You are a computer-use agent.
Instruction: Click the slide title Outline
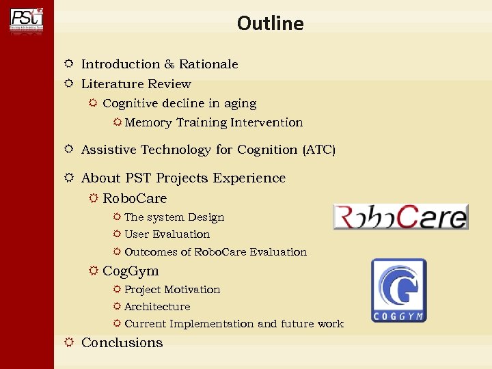coord(270,23)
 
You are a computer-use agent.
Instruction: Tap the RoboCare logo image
coord(400,217)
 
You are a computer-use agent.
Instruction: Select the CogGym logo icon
coord(398,290)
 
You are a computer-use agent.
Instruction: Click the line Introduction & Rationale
coord(159,64)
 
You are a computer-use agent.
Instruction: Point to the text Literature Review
coord(136,84)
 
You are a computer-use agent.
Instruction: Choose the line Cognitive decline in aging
coord(179,104)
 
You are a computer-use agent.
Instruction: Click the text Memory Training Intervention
coord(213,123)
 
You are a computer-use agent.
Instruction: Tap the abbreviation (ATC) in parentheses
coord(318,150)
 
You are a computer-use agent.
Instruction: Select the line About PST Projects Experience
coord(183,178)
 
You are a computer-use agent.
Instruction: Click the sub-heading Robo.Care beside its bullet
coord(135,199)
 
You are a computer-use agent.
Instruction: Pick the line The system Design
coord(174,217)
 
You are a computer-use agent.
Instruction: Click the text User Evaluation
coord(167,234)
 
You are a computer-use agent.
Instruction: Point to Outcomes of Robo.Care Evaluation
coord(215,252)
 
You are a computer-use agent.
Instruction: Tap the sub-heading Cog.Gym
coord(131,271)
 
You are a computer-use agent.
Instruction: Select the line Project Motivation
coord(172,290)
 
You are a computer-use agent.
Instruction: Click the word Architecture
coord(157,307)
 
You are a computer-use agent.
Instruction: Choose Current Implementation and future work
coord(234,324)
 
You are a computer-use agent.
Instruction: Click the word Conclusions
coord(122,343)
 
